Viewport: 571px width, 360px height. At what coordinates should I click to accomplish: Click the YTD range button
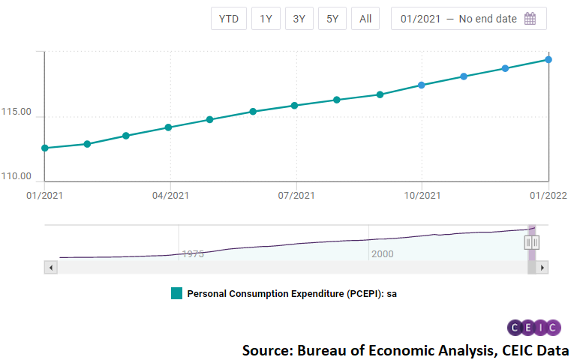coord(229,19)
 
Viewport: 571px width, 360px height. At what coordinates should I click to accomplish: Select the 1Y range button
coord(266,19)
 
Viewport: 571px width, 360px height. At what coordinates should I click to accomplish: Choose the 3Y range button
coord(299,19)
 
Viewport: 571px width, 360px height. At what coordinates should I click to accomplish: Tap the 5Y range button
coord(332,19)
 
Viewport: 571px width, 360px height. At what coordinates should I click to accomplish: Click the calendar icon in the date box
coord(530,19)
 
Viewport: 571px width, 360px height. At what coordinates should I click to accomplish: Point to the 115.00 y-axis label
coord(16,112)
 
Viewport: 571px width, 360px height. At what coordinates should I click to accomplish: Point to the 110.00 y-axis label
coord(16,177)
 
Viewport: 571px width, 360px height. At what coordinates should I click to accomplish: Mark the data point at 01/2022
coord(548,59)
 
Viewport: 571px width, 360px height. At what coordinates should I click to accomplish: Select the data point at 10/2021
coord(422,85)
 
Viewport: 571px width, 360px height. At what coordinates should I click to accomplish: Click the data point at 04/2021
coord(168,127)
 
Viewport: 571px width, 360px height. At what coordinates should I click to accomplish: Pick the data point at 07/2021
coord(295,106)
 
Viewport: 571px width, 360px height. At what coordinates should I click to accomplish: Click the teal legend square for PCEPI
coord(176,293)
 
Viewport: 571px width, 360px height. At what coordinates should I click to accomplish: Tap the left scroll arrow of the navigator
coord(51,267)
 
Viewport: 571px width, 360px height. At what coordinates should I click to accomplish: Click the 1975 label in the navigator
coord(192,254)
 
